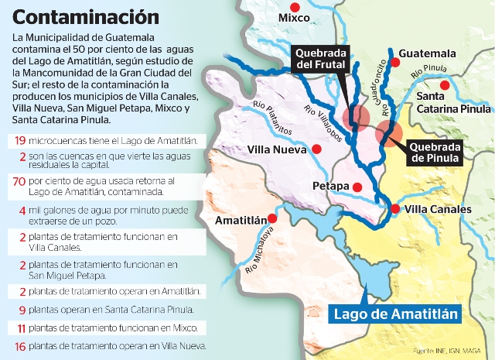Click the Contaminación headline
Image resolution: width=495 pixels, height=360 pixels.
pos(87,16)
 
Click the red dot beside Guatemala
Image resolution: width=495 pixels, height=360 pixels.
pos(394,62)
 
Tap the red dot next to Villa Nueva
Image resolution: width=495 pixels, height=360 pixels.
pos(316,149)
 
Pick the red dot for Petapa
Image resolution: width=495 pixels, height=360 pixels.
pos(357,187)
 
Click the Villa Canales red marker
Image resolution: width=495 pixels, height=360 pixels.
pos(394,209)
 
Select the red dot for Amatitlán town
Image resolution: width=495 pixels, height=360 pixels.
pos(270,219)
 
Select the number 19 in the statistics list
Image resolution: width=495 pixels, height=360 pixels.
pos(19,141)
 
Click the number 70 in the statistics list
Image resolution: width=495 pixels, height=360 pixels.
pos(19,181)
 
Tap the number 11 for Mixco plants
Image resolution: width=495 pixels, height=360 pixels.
pos(19,327)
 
